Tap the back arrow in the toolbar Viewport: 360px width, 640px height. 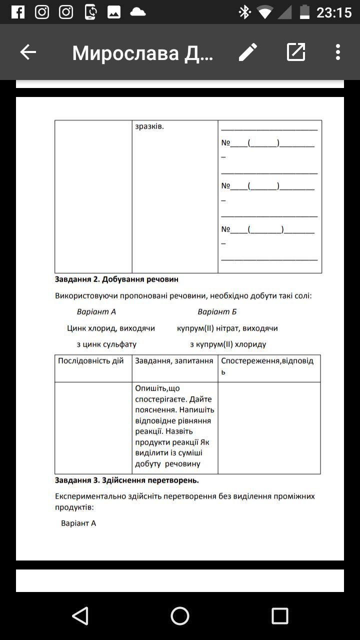pos(28,52)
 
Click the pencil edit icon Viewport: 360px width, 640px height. pos(248,52)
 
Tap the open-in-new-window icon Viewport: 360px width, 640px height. pos(296,52)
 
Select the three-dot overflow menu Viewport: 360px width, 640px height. pos(338,52)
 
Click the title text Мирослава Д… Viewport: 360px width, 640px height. pos(143,52)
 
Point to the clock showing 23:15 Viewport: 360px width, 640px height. pos(334,12)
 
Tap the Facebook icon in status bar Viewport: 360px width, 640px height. pos(18,12)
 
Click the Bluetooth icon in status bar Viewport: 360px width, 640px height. pos(244,12)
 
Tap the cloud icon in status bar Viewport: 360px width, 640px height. pos(138,12)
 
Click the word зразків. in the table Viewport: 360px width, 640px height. pos(149,126)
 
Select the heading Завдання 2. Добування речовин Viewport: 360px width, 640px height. pos(116,279)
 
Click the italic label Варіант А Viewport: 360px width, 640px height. pos(96,312)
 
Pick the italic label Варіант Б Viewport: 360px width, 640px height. pos(217,312)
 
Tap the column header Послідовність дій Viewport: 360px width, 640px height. pos(91,361)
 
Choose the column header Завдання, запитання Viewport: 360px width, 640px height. pos(174,361)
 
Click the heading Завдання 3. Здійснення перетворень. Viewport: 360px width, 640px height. pos(127,480)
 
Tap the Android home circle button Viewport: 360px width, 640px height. pos(180,616)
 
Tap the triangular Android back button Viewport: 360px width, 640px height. pos(80,616)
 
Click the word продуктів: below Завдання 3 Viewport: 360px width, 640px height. pos(74,507)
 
